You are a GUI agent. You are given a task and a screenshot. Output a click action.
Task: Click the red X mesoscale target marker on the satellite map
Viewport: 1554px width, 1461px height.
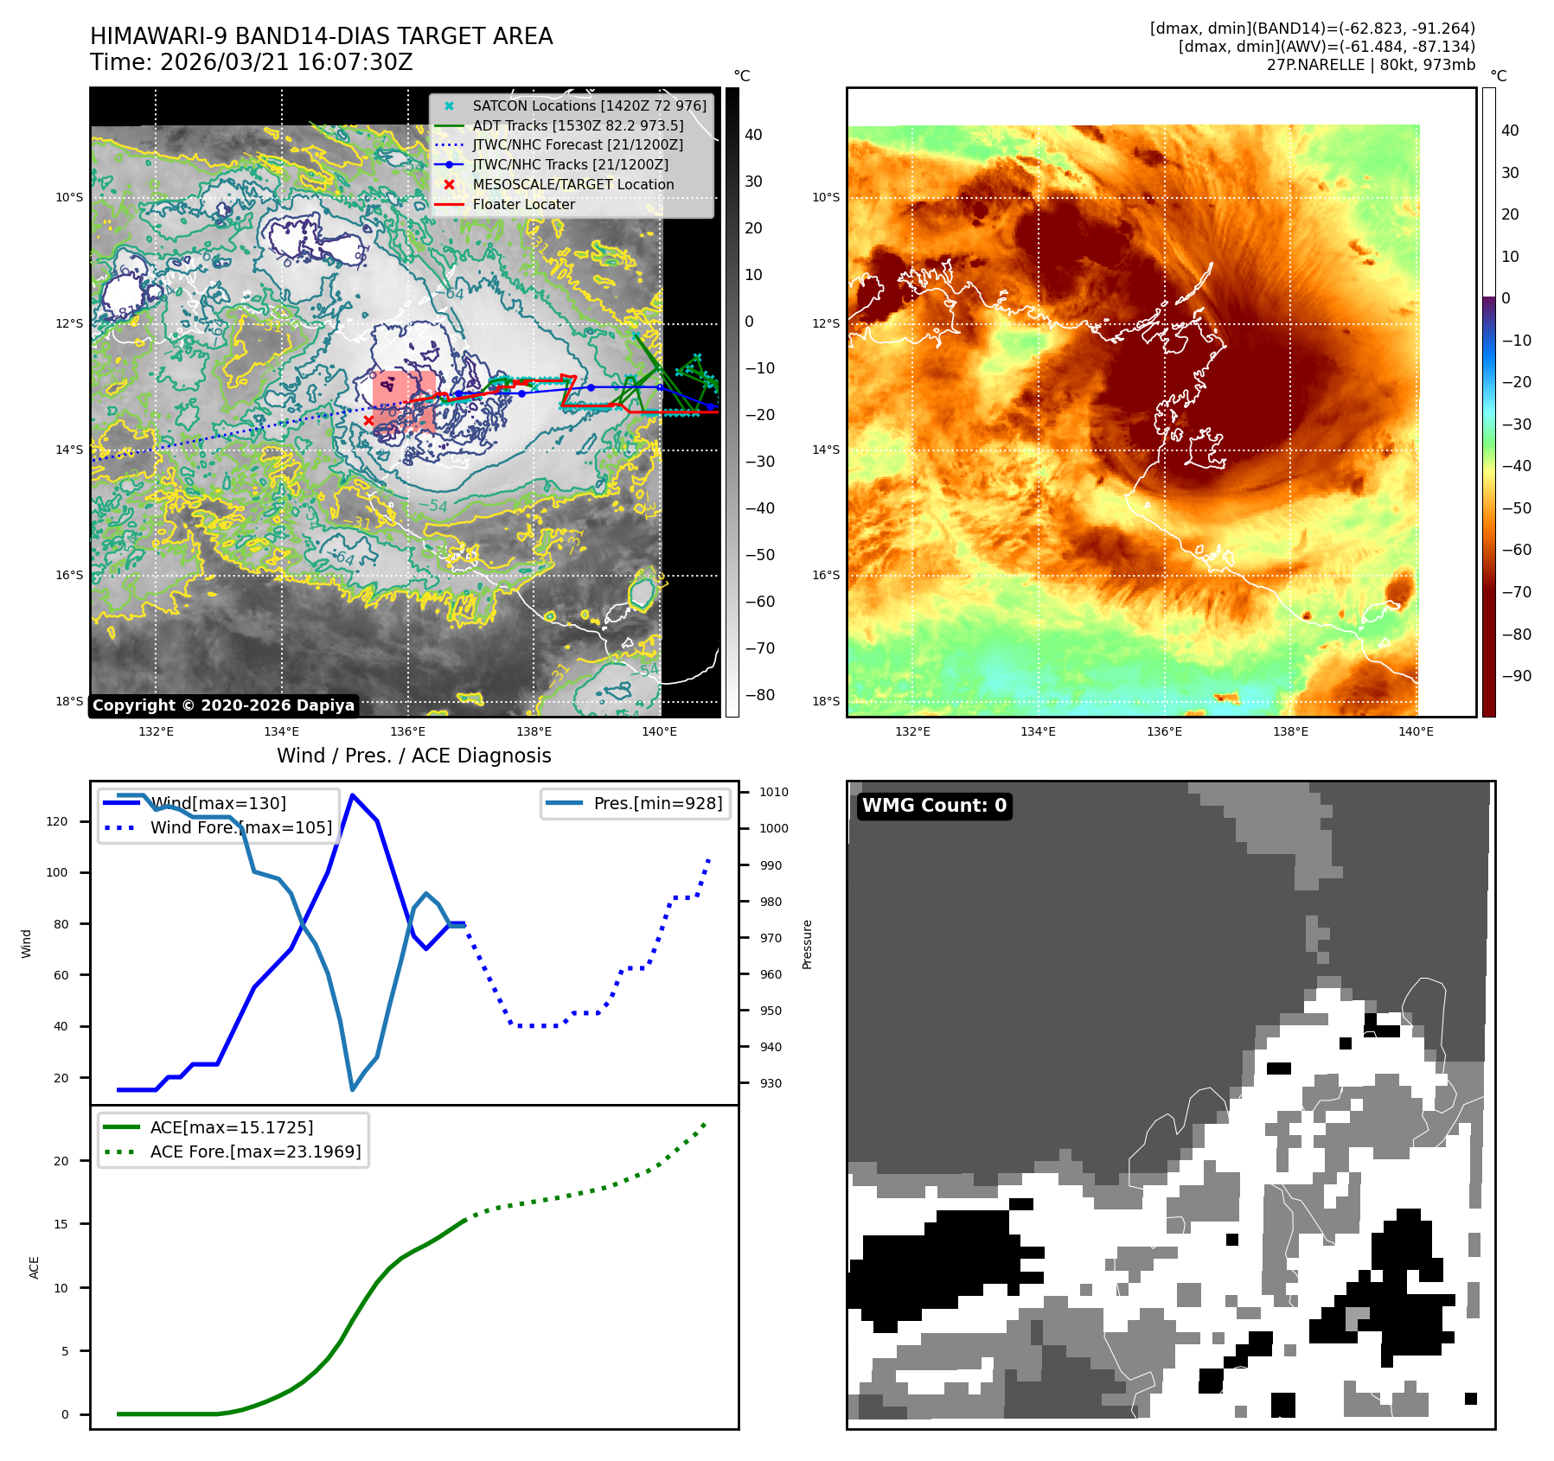(x=368, y=421)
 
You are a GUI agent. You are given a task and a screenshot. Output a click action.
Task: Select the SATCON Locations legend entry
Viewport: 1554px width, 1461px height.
(x=588, y=105)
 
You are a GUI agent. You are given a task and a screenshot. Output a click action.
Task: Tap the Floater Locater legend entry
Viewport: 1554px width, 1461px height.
(x=523, y=204)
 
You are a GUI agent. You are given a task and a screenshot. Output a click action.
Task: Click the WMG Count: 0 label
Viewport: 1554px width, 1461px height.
(x=934, y=806)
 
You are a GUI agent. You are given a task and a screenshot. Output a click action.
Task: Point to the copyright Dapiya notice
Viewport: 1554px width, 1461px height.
(x=223, y=705)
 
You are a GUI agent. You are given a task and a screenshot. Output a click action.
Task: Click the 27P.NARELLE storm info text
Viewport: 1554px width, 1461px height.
(x=1371, y=65)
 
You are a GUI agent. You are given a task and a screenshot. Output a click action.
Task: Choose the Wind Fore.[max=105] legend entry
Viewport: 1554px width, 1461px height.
(x=240, y=827)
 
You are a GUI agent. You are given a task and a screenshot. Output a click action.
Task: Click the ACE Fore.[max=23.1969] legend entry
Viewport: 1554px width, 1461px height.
(x=255, y=1152)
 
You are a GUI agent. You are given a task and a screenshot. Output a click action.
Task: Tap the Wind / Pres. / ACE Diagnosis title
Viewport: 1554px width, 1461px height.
(x=413, y=756)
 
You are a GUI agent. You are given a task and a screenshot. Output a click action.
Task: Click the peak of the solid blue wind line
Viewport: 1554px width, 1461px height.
(x=352, y=794)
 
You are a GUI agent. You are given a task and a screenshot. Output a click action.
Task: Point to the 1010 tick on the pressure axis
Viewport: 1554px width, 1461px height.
(x=774, y=792)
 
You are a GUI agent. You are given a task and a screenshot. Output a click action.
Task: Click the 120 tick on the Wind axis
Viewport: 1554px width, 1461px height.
(x=57, y=821)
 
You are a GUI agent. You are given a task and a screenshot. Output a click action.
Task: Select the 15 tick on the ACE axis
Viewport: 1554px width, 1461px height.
(x=61, y=1224)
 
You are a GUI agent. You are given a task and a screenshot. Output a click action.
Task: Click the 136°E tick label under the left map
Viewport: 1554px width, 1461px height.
(x=407, y=731)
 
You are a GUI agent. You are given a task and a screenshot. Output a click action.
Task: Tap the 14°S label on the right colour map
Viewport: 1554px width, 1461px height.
(x=825, y=450)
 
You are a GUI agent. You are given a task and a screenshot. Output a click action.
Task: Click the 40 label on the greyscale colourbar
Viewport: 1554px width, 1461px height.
(x=753, y=135)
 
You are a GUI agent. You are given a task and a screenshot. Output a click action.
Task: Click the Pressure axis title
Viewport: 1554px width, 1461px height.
(x=807, y=944)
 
